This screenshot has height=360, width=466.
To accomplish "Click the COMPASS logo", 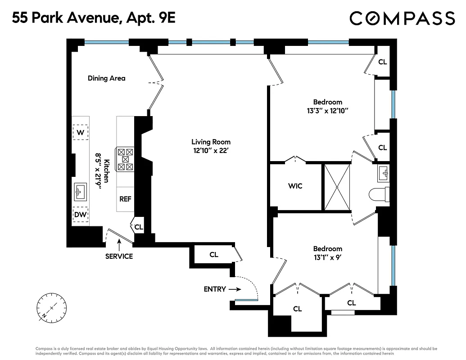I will click(x=402, y=18).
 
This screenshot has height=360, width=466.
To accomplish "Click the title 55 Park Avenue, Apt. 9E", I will click(x=93, y=18).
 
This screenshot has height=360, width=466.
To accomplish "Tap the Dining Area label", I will click(x=106, y=78).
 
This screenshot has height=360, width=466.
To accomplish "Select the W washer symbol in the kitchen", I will click(x=81, y=132).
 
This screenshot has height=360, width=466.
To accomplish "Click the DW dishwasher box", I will click(x=81, y=215).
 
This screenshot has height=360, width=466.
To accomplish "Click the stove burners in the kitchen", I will click(x=126, y=159).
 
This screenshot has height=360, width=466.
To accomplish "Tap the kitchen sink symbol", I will click(x=81, y=192).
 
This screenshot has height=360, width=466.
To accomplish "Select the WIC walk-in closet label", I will click(x=295, y=186).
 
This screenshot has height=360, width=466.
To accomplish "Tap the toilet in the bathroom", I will click(x=378, y=195).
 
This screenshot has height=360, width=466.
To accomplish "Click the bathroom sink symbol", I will click(x=384, y=172).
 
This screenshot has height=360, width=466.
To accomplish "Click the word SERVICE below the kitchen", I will click(x=119, y=256).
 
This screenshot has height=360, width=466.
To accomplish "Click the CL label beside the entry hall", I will click(x=214, y=255).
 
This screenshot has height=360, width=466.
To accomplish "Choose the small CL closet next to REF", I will click(x=139, y=227).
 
